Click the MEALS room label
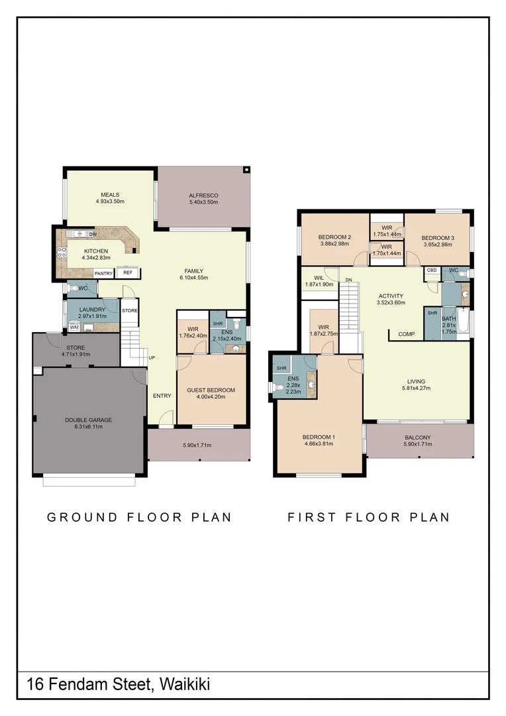click(x=110, y=195)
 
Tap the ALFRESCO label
click(x=203, y=196)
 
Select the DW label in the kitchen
click(x=93, y=234)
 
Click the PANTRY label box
click(x=103, y=273)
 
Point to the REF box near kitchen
click(x=127, y=272)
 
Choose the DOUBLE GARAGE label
click(x=88, y=420)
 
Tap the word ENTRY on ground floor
click(x=162, y=396)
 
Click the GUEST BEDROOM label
click(x=211, y=390)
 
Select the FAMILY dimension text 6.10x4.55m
click(x=194, y=278)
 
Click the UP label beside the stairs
click(x=152, y=357)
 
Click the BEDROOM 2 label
click(x=334, y=237)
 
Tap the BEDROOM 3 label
click(x=438, y=237)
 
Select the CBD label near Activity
click(x=432, y=270)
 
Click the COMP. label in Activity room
click(x=407, y=334)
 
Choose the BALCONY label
click(x=418, y=438)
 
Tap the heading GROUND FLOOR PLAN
click(x=139, y=517)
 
